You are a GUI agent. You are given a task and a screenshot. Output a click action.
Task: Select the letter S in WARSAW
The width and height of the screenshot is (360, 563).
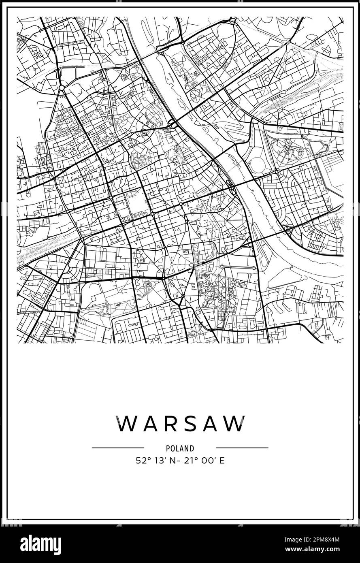(x=190, y=424)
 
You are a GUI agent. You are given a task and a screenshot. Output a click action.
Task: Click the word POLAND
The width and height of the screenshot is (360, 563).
(x=180, y=448)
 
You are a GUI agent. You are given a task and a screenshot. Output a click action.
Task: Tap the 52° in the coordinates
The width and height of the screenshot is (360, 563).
(x=143, y=461)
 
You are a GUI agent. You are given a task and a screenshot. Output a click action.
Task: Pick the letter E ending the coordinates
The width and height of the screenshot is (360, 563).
(x=222, y=461)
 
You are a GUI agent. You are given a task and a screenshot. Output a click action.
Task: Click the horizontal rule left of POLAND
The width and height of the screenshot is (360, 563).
(x=118, y=448)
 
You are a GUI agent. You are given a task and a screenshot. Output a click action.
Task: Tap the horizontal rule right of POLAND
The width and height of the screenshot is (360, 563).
(x=242, y=448)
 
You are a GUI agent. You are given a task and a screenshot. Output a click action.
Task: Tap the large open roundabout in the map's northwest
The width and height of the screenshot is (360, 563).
(x=62, y=87)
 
